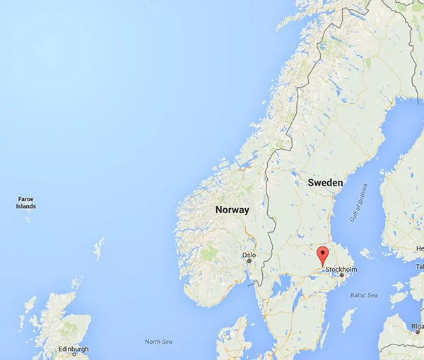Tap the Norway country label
point(232,210)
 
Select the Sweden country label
point(325,183)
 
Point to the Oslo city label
point(249,255)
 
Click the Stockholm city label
point(341,270)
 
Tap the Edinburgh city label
point(73,349)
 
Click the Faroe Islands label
point(26,203)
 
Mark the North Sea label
point(158,342)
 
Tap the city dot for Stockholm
point(342,275)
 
